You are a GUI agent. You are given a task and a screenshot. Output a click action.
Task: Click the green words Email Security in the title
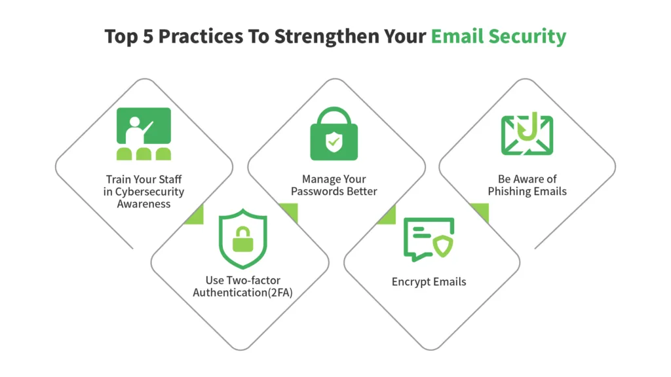(499, 37)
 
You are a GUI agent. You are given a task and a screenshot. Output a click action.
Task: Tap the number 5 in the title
(147, 37)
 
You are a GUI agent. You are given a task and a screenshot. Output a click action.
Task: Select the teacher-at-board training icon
(144, 134)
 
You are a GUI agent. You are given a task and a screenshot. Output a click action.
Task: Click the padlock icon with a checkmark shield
(334, 134)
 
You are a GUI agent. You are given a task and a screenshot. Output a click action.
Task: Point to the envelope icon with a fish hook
(527, 134)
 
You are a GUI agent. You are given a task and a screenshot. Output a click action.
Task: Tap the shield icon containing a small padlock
(242, 239)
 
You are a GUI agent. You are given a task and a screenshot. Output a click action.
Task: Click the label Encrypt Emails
(429, 282)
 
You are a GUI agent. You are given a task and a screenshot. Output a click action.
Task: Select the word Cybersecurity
(149, 192)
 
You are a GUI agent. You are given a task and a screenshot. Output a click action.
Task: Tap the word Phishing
(509, 192)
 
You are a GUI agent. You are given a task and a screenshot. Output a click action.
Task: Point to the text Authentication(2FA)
(242, 293)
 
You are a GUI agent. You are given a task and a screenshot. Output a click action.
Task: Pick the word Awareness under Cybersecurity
(144, 204)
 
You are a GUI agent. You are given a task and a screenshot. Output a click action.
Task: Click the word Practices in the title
(201, 37)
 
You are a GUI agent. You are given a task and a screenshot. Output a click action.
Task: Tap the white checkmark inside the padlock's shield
(334, 141)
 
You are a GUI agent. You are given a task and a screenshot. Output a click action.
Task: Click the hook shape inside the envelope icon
(528, 127)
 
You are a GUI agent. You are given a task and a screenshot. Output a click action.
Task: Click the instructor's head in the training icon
(135, 122)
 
